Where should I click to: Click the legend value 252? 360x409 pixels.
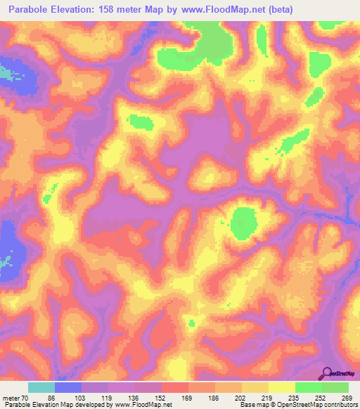point(321,397)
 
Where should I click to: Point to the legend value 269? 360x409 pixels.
point(346,397)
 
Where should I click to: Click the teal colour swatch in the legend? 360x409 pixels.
point(41,387)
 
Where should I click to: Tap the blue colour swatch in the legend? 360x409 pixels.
point(68,387)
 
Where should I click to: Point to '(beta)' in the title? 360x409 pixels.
point(278,10)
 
